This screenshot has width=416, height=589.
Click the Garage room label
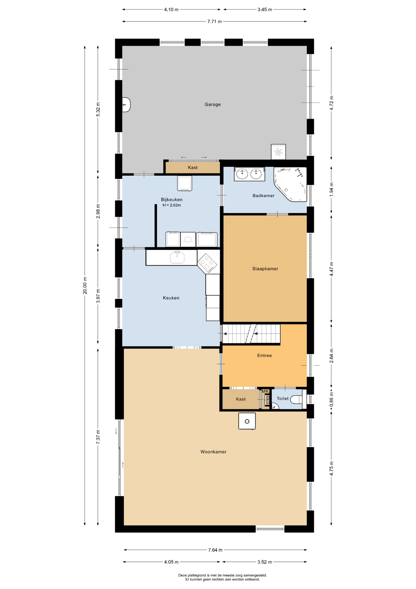pyautogui.click(x=213, y=104)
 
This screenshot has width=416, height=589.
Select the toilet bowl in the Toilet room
pyautogui.click(x=296, y=399)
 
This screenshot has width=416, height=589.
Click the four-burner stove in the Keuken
pyautogui.click(x=207, y=263)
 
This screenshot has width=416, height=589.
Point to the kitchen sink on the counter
pyautogui.click(x=177, y=257)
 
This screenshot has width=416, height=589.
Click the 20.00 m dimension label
pyautogui.click(x=85, y=285)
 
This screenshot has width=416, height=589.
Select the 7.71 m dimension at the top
pyautogui.click(x=214, y=21)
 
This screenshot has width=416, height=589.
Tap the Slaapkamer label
pyautogui.click(x=265, y=269)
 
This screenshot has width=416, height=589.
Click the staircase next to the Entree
pyautogui.click(x=251, y=334)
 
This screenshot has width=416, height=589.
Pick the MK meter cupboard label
pyautogui.click(x=265, y=391)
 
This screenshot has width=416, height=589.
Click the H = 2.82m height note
pyautogui.click(x=172, y=205)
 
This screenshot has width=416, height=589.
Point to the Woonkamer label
pyautogui.click(x=214, y=452)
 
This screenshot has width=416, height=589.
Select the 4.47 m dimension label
pyautogui.click(x=331, y=269)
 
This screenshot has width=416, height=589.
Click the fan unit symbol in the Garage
pyautogui.click(x=278, y=152)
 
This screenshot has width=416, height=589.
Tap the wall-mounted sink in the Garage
pyautogui.click(x=126, y=105)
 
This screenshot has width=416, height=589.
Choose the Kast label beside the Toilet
pyautogui.click(x=241, y=399)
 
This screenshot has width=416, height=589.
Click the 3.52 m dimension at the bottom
pyautogui.click(x=265, y=562)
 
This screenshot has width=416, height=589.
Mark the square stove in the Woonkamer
pyautogui.click(x=247, y=421)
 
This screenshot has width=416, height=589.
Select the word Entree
pyautogui.click(x=265, y=356)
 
